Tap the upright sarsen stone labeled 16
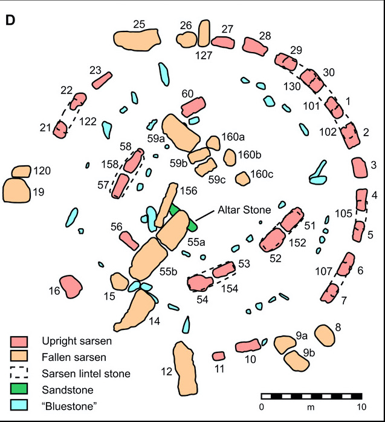70,286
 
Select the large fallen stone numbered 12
185,368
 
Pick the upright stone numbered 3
360,167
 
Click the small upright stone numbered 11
219,357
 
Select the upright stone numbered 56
129,240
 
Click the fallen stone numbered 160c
242,179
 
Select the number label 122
88,121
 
